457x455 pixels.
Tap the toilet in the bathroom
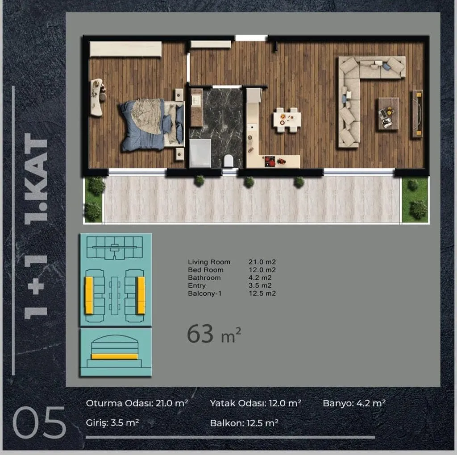click(228, 161)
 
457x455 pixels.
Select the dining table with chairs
click(287, 120)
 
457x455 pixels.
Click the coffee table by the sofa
click(389, 114)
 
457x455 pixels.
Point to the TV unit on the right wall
click(417, 114)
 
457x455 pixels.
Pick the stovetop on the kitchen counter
click(270, 161)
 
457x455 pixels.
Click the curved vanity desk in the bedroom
click(97, 97)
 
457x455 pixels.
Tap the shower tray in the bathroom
click(200, 153)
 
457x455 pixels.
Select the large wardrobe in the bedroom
click(125, 49)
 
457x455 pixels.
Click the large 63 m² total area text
click(214, 334)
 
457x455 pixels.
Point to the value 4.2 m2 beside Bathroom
click(260, 277)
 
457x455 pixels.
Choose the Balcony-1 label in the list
click(204, 294)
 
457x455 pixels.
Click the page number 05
click(39, 422)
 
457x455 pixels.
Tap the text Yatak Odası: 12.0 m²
click(255, 403)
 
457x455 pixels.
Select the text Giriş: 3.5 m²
click(112, 423)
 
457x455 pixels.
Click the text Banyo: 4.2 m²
click(354, 403)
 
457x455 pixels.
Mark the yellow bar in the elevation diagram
click(115, 356)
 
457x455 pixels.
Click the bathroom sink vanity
click(196, 108)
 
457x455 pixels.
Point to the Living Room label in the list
click(209, 262)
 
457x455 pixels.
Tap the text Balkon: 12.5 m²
click(244, 423)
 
